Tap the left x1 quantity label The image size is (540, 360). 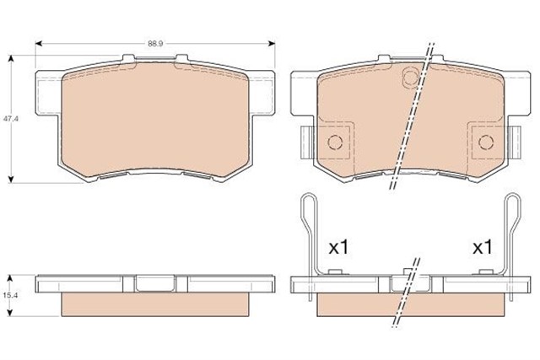tap(338, 249)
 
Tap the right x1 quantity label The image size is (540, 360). tap(482, 249)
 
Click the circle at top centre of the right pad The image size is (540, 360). tap(410, 78)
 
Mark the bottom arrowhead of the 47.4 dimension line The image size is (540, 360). tap(11, 178)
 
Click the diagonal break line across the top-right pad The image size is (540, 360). tap(413, 118)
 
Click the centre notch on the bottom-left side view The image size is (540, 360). tap(155, 283)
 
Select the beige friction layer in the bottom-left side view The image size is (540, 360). tap(155, 305)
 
